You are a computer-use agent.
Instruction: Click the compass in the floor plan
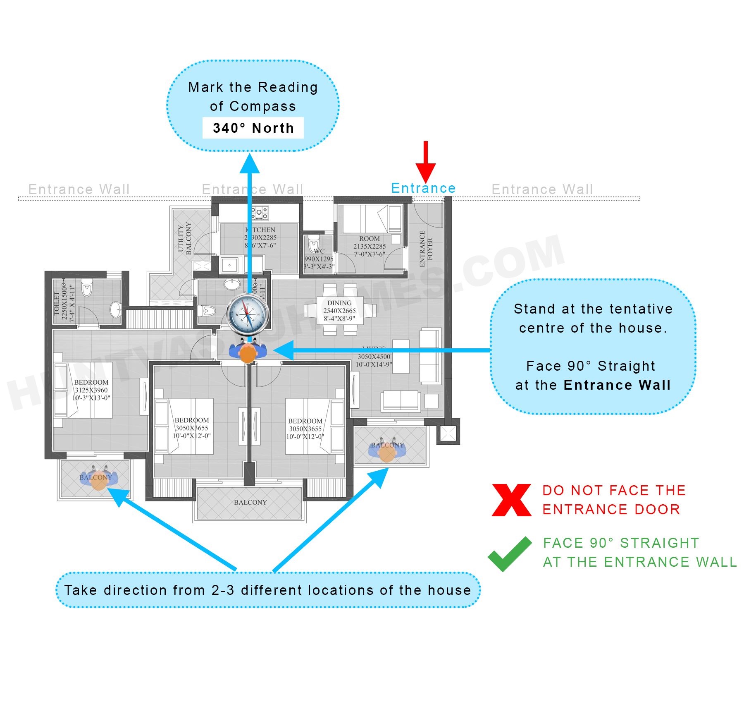point(248,314)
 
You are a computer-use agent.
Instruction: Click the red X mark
point(511,500)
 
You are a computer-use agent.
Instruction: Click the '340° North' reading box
point(253,128)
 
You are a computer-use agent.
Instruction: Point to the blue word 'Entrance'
point(423,188)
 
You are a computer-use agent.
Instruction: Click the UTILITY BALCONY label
point(184,239)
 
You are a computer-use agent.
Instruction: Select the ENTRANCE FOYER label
point(426,248)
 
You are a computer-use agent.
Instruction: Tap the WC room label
point(319,251)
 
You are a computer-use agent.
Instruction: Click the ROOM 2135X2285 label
point(369,246)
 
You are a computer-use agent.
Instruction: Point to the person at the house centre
point(248,352)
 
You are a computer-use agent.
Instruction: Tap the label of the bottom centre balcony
point(250,502)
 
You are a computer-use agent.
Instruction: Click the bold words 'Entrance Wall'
point(617,385)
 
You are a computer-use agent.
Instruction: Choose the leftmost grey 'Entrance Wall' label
point(79,189)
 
